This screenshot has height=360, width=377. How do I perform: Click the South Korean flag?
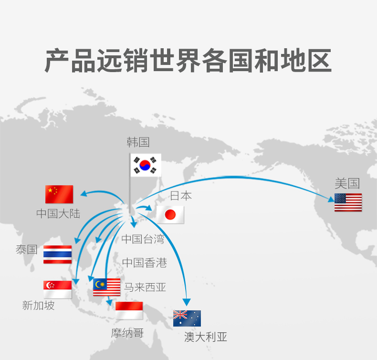tap(146, 165)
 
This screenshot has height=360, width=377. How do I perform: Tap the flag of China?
tap(59, 194)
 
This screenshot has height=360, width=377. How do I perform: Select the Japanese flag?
tap(170, 215)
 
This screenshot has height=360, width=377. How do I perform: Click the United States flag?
tap(348, 202)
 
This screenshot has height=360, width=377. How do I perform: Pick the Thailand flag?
tap(57, 254)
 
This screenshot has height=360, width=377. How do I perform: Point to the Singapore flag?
tap(57, 289)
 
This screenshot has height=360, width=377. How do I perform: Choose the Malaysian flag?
tap(107, 287)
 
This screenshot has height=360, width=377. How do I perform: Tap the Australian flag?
tap(187, 318)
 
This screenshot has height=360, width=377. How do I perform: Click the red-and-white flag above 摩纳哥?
tap(129, 310)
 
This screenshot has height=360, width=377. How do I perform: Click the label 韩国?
tap(138, 142)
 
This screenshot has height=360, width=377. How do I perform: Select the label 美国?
tap(347, 183)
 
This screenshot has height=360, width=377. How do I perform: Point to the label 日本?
tap(181, 195)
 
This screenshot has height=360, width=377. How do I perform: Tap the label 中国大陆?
tap(58, 213)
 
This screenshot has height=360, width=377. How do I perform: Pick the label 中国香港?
tap(144, 263)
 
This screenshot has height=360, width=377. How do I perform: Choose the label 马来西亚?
tap(145, 287)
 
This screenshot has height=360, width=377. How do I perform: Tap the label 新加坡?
tap(39, 306)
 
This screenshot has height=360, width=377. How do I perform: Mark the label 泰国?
tap(26, 249)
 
